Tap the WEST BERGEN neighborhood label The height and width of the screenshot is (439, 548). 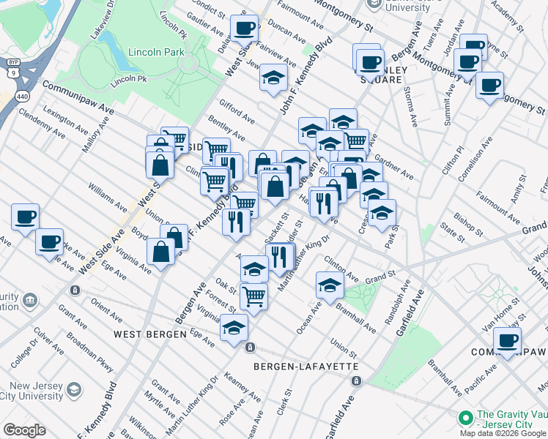(x=150, y=334)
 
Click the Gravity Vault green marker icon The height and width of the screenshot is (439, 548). (x=465, y=418)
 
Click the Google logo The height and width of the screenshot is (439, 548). (x=24, y=430)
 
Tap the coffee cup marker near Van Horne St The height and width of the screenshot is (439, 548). (x=506, y=339)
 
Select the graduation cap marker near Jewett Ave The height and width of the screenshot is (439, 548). (x=273, y=78)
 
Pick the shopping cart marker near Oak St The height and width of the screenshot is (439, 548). (x=253, y=296)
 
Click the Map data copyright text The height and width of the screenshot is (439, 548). (x=503, y=433)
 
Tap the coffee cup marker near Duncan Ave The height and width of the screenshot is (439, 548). (x=244, y=29)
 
